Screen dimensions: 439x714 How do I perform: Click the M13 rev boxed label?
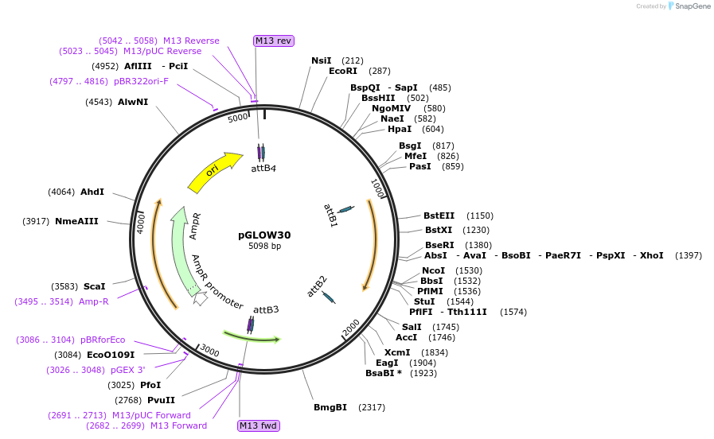coord(273,41)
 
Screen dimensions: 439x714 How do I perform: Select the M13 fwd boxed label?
coord(259,426)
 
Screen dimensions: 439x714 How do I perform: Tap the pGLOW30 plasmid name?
coord(264,235)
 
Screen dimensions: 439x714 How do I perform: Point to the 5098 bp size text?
coord(264,247)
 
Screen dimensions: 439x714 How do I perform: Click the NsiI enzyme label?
coord(322,60)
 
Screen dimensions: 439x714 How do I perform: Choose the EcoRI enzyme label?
coord(342,71)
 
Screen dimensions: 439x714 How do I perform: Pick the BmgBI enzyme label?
coord(330,407)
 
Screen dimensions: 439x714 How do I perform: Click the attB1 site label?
coord(330,215)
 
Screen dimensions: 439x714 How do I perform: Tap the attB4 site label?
coord(263,168)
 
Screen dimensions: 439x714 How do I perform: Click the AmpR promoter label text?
coord(217,282)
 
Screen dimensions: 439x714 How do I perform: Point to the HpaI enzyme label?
coord(400,129)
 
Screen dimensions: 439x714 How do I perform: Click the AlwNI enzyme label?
coord(133,102)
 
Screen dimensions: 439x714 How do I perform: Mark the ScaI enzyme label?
coord(94,286)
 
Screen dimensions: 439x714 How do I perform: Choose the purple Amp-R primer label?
coord(94,301)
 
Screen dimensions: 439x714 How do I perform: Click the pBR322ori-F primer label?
coord(142,81)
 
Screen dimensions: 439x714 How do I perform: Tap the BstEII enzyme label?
coord(439,216)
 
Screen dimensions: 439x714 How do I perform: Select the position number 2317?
coord(372,407)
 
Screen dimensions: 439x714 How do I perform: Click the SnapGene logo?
coord(689,6)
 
